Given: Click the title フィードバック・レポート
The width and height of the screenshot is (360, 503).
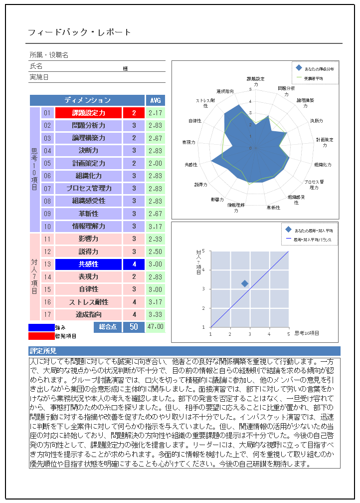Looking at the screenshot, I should pos(79,32).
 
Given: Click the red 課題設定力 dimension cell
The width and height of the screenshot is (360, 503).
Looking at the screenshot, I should pos(89,113).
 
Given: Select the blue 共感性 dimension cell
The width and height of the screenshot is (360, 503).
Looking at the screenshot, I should pos(89,264).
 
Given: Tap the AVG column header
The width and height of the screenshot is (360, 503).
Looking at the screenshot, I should pos(155,100).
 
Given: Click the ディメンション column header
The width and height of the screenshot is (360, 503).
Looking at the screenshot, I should pos(87,100).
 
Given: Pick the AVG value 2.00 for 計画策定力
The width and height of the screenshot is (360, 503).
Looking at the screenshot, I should pos(155,163).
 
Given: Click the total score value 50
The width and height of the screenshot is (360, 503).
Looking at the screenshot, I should pos(134,327).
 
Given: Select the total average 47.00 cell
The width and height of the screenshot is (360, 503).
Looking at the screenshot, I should pos(155,327).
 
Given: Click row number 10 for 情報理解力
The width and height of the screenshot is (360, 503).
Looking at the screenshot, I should pos(47,227).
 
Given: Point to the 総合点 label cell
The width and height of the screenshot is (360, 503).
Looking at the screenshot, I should pos(108,327).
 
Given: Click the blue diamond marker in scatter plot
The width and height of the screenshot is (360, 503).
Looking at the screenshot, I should pos(245,283).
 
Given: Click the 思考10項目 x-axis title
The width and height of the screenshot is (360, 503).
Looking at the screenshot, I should pos(306,332).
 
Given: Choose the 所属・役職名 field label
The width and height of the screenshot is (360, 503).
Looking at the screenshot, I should pos(49,55).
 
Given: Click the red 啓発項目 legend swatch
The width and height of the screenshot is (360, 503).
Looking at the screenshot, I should pos(41,336).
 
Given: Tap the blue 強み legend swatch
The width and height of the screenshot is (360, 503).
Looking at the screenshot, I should pos(41,328).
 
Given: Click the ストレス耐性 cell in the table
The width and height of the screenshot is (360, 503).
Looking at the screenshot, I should pos(89,302).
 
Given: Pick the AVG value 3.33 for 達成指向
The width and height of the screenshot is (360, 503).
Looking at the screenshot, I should pos(155,314).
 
